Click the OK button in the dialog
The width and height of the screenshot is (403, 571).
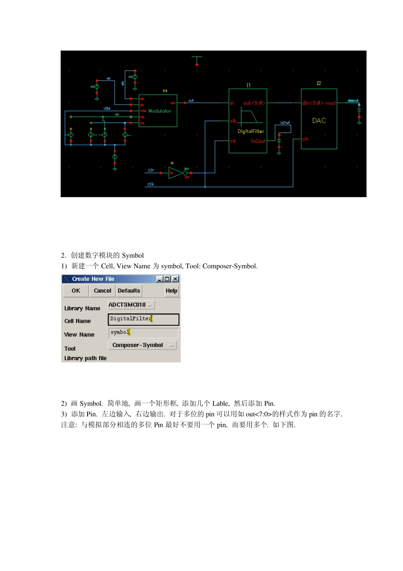[76, 291]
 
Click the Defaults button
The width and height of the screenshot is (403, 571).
[129, 291]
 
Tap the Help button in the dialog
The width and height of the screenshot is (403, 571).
[171, 291]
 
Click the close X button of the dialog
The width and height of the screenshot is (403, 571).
[175, 279]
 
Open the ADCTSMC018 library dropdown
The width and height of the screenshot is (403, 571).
[131, 305]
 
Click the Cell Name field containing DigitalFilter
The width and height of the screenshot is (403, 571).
[143, 319]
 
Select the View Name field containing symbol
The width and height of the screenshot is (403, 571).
[143, 333]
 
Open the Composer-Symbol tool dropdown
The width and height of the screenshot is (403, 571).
[142, 345]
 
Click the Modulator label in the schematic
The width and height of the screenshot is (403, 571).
[160, 111]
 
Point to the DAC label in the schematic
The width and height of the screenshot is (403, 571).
[319, 121]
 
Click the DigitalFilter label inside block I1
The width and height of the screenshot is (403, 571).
[251, 131]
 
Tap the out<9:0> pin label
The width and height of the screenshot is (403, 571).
[254, 103]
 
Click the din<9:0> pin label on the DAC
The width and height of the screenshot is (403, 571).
[313, 103]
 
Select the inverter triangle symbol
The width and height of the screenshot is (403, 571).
[175, 173]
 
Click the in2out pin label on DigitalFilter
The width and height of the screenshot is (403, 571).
[258, 141]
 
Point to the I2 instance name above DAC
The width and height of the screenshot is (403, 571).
[319, 83]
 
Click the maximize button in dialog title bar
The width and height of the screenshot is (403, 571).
[167, 279]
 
